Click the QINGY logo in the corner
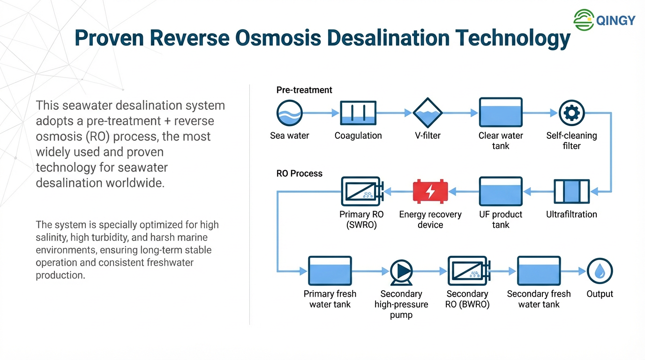click(x=604, y=20)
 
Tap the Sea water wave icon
click(x=289, y=113)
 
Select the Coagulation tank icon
click(x=358, y=113)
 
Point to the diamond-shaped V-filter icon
click(x=427, y=113)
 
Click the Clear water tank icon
click(x=500, y=112)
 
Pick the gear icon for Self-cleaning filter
click(x=571, y=113)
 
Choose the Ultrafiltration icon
click(x=571, y=191)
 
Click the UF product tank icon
click(x=500, y=191)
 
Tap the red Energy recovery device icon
click(x=430, y=191)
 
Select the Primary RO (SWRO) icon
click(x=361, y=191)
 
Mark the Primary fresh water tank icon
click(x=330, y=270)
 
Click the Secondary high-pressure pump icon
click(x=401, y=271)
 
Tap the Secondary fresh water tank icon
click(x=539, y=270)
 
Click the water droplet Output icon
click(x=600, y=271)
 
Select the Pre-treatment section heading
click(x=304, y=90)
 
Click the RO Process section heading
click(x=300, y=173)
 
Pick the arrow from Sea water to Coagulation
click(x=321, y=113)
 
